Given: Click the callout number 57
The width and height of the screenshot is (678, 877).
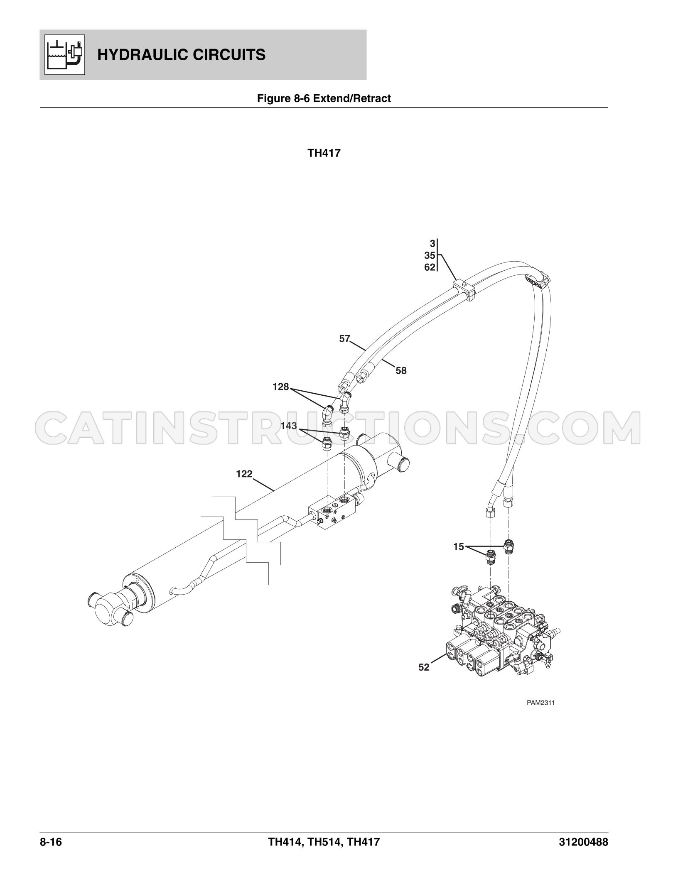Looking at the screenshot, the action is [x=345, y=339].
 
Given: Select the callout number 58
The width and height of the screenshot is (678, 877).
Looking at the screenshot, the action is [x=401, y=370].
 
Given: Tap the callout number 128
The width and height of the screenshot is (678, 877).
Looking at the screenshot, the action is [x=280, y=387].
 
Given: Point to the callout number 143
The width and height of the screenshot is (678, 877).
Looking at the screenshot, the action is [x=288, y=426].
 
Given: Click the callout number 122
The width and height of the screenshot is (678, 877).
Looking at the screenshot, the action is [x=244, y=474].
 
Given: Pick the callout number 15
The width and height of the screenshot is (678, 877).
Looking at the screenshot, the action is [x=458, y=547].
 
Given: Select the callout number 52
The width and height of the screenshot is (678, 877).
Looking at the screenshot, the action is [x=424, y=679].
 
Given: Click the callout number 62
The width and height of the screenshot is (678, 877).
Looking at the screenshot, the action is [x=430, y=267].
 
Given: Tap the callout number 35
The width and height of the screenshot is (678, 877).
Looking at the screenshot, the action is [x=430, y=256].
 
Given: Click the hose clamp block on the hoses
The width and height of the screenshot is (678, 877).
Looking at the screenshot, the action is [x=464, y=289].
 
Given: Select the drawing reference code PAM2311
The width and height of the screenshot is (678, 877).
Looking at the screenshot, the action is [x=541, y=703].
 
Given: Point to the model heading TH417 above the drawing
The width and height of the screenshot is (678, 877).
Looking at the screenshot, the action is [x=324, y=153].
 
